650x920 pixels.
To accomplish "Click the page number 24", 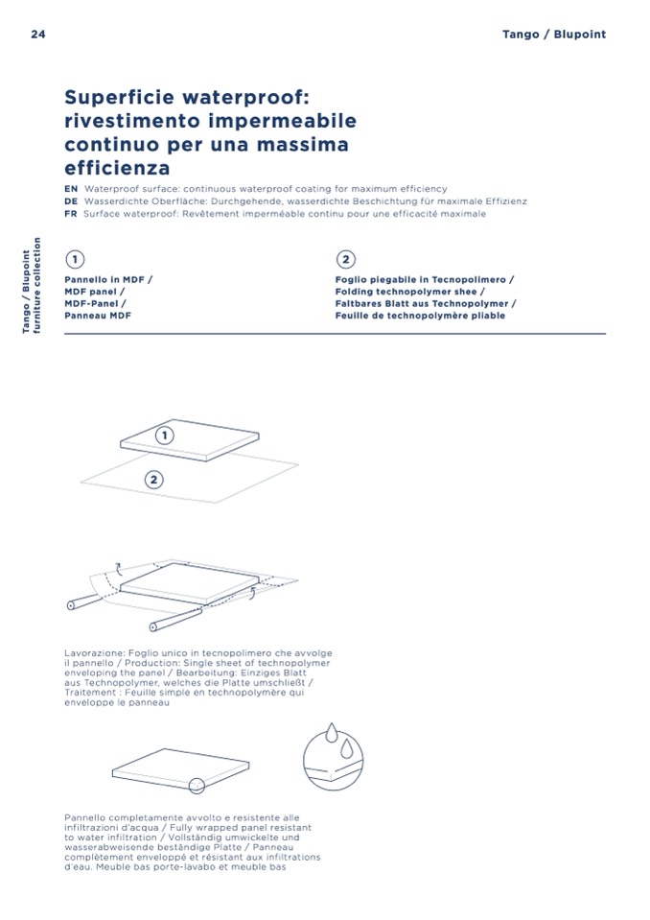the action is tap(38, 34).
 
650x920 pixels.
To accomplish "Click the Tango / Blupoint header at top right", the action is tap(554, 34).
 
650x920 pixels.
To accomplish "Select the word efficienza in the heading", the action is tap(117, 168).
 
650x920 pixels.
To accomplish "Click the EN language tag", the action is tap(71, 189).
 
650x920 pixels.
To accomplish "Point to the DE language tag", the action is tap(71, 201).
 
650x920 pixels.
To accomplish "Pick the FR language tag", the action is tap(70, 214).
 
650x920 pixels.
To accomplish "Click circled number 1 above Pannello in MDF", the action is tap(75, 259).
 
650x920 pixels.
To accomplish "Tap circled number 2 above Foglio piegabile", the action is tap(346, 259).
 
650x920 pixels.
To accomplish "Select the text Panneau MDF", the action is tap(98, 316).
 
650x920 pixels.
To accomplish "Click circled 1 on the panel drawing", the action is tap(165, 436).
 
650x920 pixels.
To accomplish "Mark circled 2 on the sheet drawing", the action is tap(153, 480).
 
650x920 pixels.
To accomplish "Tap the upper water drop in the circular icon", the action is tap(332, 732).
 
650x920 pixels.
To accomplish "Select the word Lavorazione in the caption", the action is tap(94, 653).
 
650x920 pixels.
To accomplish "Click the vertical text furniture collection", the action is tap(37, 285).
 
